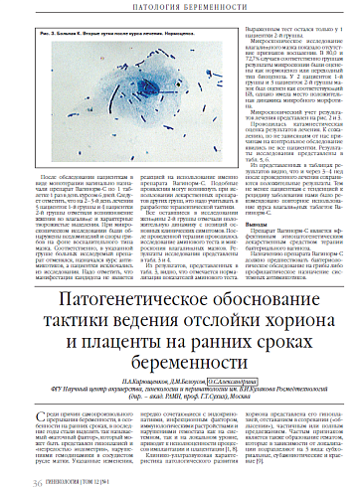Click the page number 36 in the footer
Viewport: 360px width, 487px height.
click(x=37, y=479)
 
